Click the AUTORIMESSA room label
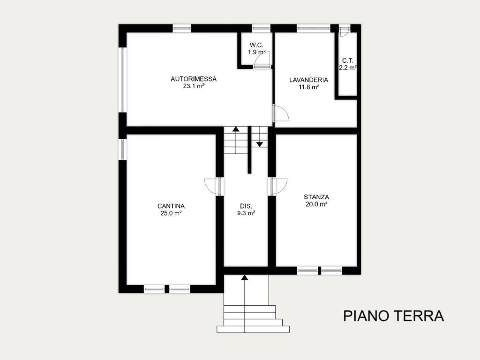pos(193,79)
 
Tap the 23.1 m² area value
pos(193,86)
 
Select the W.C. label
pos(256,45)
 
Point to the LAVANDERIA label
pos(308,80)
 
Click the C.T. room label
pos(347,60)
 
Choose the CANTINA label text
pos(171,206)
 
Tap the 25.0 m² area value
pos(171,213)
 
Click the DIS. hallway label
pos(246,206)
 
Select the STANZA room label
pos(316,197)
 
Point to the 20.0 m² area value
pos(316,204)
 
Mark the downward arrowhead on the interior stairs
pos(260,144)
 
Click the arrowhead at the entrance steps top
pos(244,277)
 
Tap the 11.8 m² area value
pos(308,87)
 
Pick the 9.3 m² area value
pos(246,213)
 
